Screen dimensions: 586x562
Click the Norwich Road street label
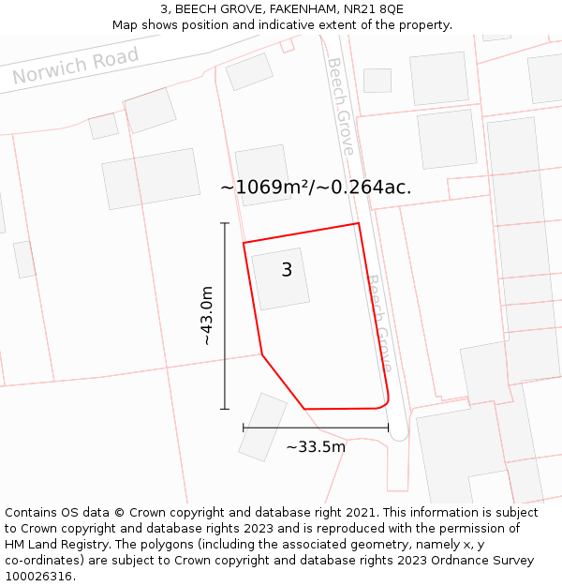[x=76, y=66]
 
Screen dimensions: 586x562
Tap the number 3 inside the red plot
[x=287, y=270]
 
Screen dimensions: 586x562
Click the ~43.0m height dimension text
[x=207, y=316]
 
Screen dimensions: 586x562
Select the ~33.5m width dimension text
[x=316, y=447]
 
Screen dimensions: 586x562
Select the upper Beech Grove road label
[x=340, y=106]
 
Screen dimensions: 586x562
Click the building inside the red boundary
[x=280, y=278]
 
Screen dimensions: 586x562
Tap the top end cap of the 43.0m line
[x=225, y=223]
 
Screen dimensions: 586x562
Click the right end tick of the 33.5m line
[x=389, y=428]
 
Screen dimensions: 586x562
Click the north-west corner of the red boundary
[x=244, y=243]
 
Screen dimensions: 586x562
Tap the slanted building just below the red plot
[x=262, y=427]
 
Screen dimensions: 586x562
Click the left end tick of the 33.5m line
[x=244, y=428]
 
